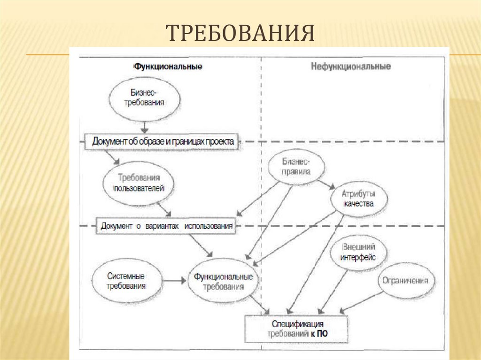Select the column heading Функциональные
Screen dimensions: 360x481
pos(168,67)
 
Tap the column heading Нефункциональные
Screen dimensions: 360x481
pos(350,67)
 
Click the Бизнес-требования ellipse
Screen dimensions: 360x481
pos(144,98)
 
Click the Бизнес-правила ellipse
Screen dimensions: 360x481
pos(296,167)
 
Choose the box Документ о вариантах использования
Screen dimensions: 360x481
pos(167,225)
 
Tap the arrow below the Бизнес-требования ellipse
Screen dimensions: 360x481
pos(145,126)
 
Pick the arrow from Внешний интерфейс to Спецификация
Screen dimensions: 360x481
pos(334,291)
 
